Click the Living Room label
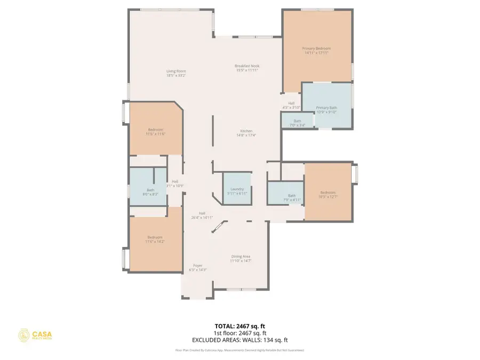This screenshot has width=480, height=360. pos(176,73)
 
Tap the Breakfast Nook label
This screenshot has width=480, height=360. pos(246,68)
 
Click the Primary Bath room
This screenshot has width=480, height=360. pos(327,109)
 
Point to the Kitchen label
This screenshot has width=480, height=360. pos(246,133)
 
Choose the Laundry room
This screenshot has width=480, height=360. pos(237,191)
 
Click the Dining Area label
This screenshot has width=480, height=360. pos(241,258)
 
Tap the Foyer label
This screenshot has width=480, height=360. pos(198,267)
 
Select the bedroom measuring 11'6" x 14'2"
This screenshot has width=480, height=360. pos(155,239)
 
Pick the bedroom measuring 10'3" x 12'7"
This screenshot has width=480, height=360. pos(327,195)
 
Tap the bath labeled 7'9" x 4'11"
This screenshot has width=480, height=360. pos(292,197)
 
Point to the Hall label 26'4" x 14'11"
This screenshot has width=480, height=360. pos(202,215)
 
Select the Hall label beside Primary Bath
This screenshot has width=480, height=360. pos(291,106)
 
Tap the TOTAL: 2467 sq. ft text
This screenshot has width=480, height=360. pos(239,325)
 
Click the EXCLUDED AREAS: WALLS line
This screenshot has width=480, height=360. pos(239,340)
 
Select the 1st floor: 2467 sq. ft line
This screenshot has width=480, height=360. pos(239,333)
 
